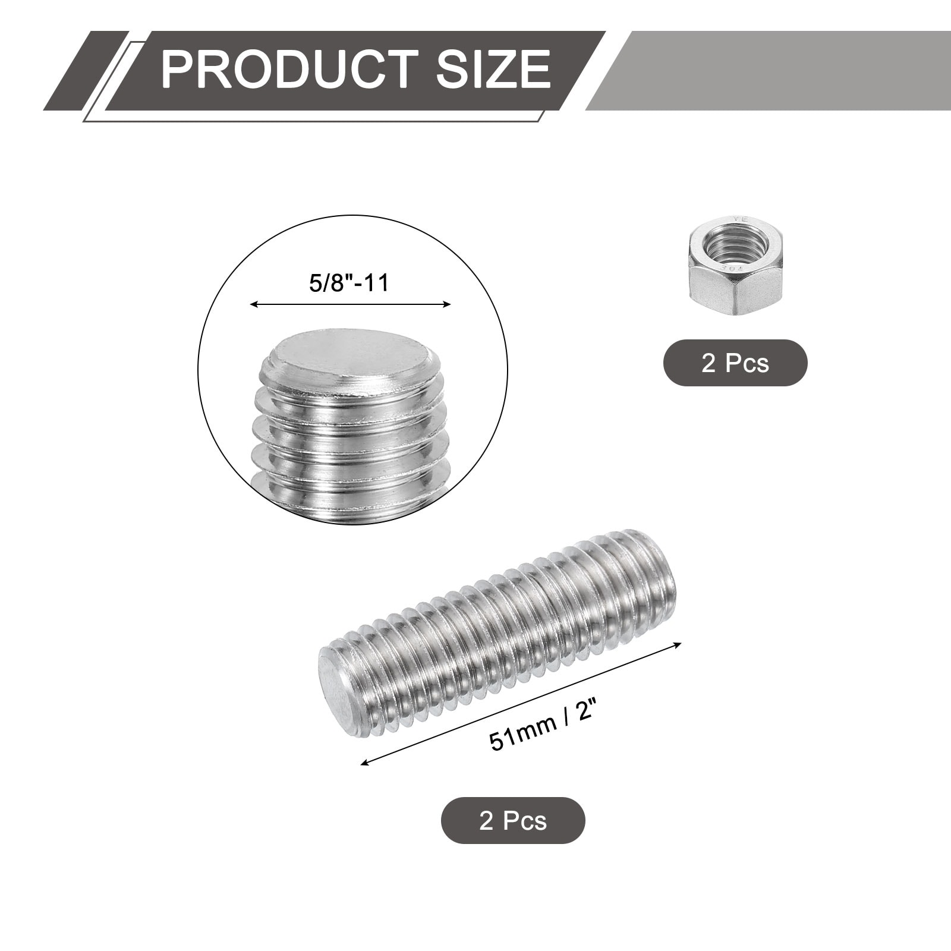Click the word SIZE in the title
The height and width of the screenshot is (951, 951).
[493, 70]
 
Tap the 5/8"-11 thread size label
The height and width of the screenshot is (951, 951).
[349, 282]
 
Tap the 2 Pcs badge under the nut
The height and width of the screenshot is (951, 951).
[735, 363]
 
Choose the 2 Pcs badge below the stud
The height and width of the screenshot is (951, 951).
[513, 820]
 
